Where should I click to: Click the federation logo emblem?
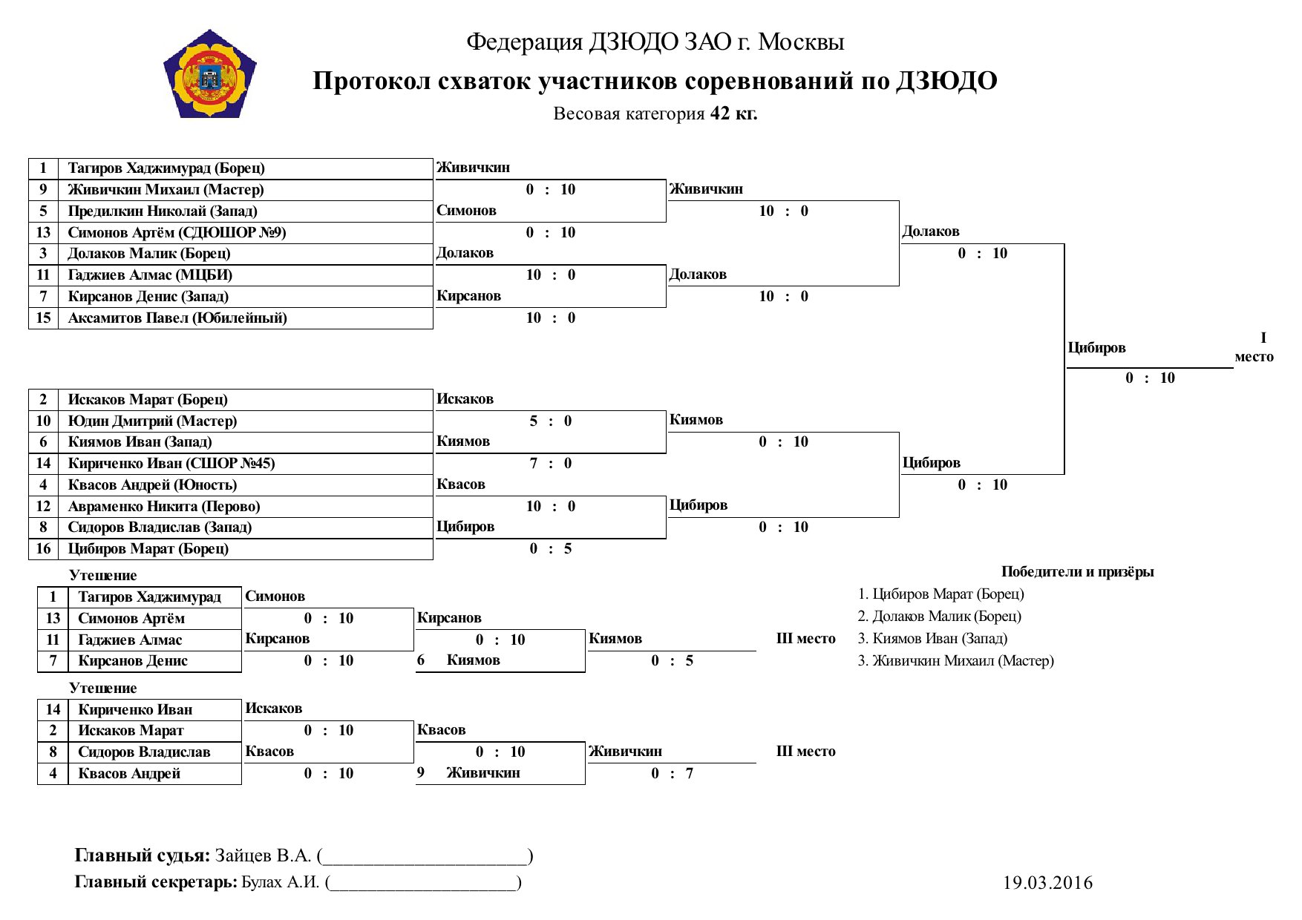210,74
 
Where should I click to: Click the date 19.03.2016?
1047,883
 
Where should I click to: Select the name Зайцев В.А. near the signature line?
263,856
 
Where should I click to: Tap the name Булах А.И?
281,882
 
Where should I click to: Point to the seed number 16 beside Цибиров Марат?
44,549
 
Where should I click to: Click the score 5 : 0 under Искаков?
550,421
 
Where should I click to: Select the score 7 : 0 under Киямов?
550,464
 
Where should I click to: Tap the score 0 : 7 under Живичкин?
673,774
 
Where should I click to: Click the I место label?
1254,348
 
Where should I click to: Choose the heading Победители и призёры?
1077,572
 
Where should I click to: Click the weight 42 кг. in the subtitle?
733,114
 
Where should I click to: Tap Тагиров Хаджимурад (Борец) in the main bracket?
166,168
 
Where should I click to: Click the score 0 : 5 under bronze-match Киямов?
673,661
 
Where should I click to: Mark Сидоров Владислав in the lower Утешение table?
144,752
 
